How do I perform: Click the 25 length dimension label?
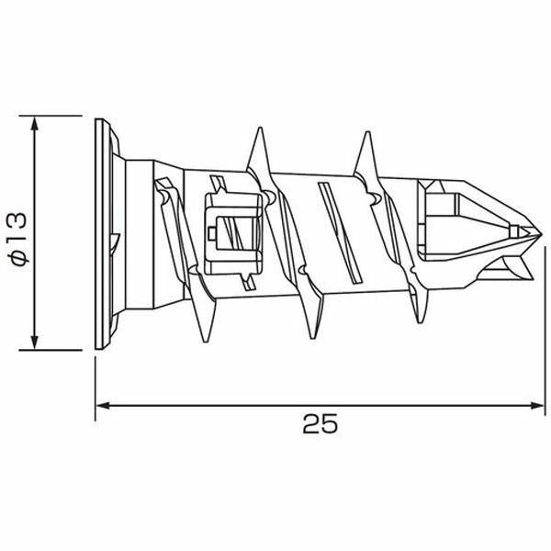click(320, 423)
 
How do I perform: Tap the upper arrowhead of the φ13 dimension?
click(35, 123)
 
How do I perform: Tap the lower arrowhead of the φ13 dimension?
click(35, 343)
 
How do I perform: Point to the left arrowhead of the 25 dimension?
click(103, 406)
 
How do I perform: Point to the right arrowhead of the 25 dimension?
click(537, 406)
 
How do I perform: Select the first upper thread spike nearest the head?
click(259, 150)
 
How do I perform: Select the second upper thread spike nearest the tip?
click(366, 153)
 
